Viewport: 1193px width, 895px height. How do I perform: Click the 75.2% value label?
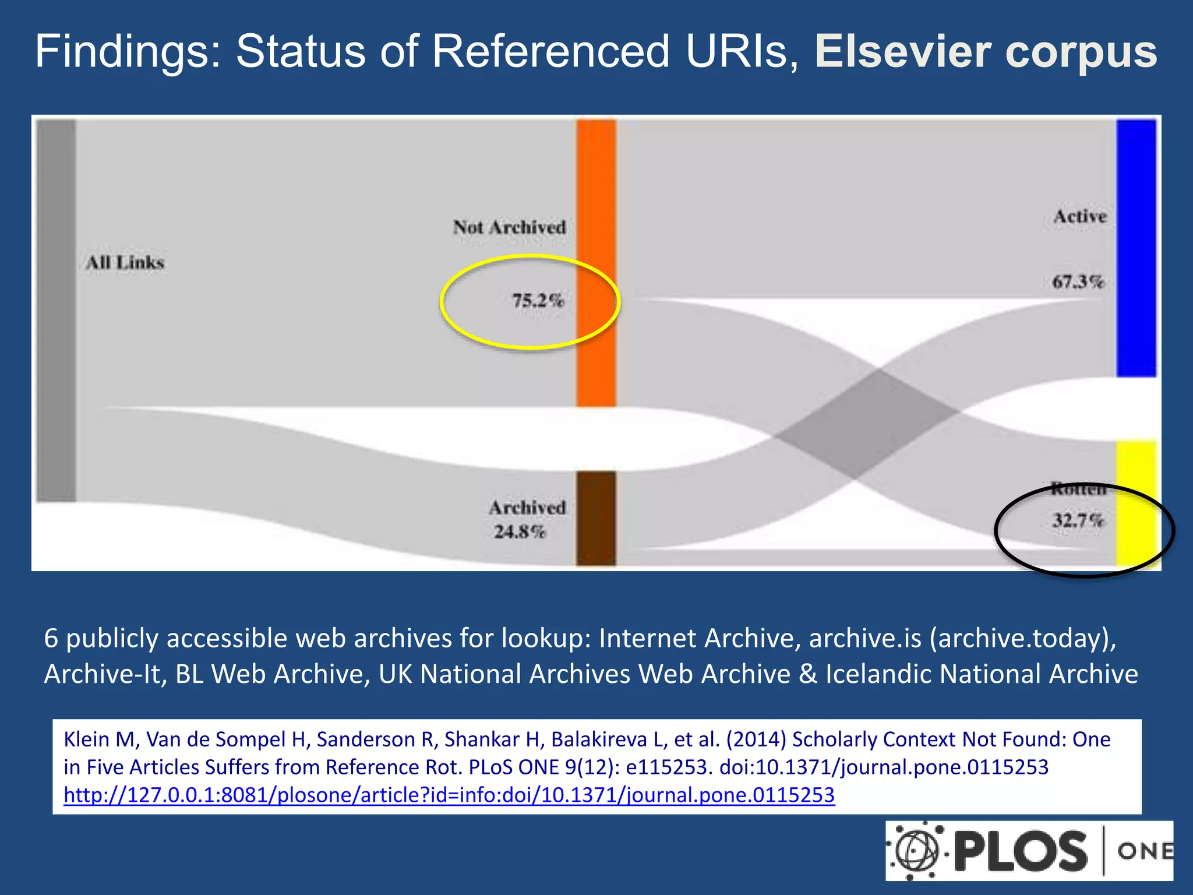(x=538, y=301)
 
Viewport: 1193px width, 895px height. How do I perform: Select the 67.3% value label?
(x=1078, y=282)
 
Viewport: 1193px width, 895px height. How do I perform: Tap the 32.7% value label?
(x=1078, y=520)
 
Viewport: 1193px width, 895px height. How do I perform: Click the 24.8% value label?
(x=520, y=531)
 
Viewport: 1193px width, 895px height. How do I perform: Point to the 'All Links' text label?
(x=125, y=263)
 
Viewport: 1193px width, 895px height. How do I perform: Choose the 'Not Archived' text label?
(x=510, y=227)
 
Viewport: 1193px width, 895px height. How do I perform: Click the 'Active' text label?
(x=1080, y=216)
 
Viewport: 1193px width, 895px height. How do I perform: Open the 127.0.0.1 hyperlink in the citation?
(x=449, y=795)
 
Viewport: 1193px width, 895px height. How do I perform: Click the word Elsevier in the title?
(x=903, y=51)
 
